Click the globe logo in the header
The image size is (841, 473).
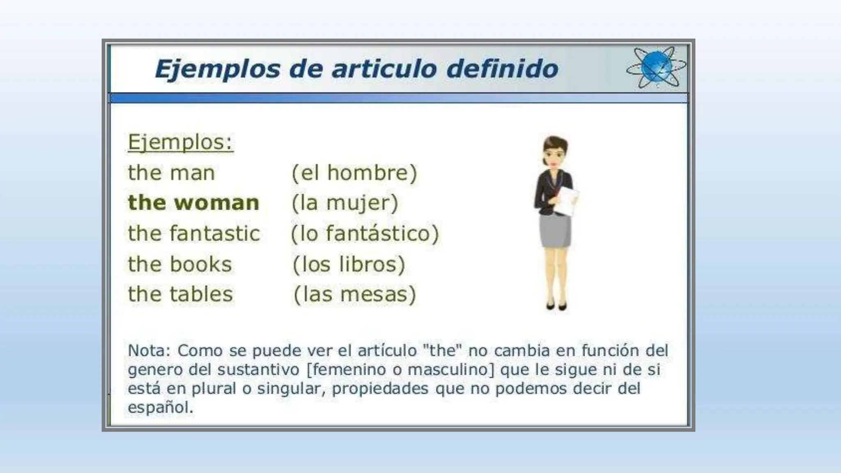coord(656,68)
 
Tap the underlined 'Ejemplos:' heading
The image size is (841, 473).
coord(180,142)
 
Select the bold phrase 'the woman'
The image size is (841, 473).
coord(193,203)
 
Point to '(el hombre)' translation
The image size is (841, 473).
coord(354,172)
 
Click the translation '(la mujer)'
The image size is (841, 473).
coord(345,203)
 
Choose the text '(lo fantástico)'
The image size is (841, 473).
coord(365,233)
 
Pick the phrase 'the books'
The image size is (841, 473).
coord(180,264)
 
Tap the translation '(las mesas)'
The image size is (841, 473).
coord(355,294)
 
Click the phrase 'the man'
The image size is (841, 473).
coord(171,172)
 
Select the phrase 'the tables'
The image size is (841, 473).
coord(180,294)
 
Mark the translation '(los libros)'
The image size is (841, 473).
coord(349,264)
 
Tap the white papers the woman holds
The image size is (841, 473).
coord(567,201)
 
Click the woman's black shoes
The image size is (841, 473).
coord(556,306)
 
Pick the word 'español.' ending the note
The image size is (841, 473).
coord(160,407)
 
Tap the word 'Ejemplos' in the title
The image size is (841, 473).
coord(217,69)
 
